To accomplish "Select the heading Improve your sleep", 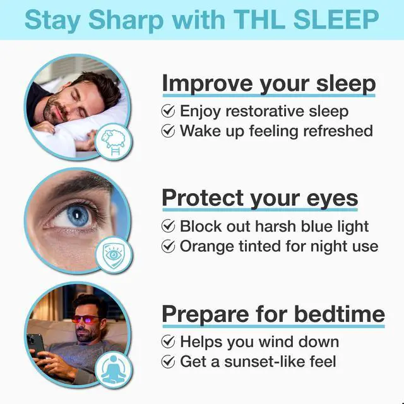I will tap(269, 83).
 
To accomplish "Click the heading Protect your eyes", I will tap(260, 198).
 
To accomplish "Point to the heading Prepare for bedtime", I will tap(273, 314).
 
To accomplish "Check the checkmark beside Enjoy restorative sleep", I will tap(169, 112).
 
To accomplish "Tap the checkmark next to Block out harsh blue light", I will tap(169, 226).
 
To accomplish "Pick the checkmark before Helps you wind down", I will tap(169, 342).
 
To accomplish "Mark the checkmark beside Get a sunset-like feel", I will tap(169, 362).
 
